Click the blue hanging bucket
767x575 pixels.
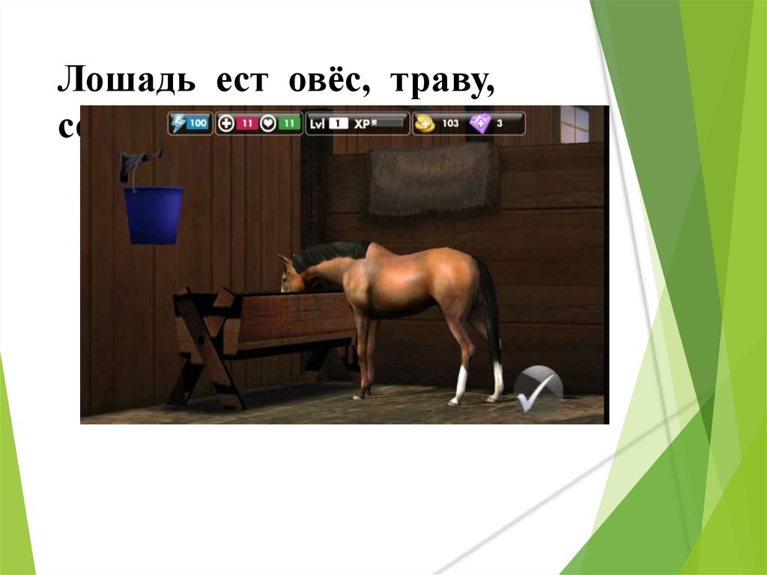point(153,214)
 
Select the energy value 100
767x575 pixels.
point(198,123)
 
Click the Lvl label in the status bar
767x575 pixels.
point(317,123)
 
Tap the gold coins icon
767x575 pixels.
point(425,123)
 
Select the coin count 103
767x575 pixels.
point(449,123)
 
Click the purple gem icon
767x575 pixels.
point(480,123)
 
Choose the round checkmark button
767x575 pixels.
point(538,388)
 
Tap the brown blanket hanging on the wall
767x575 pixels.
point(433,180)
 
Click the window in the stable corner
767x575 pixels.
point(575,124)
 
